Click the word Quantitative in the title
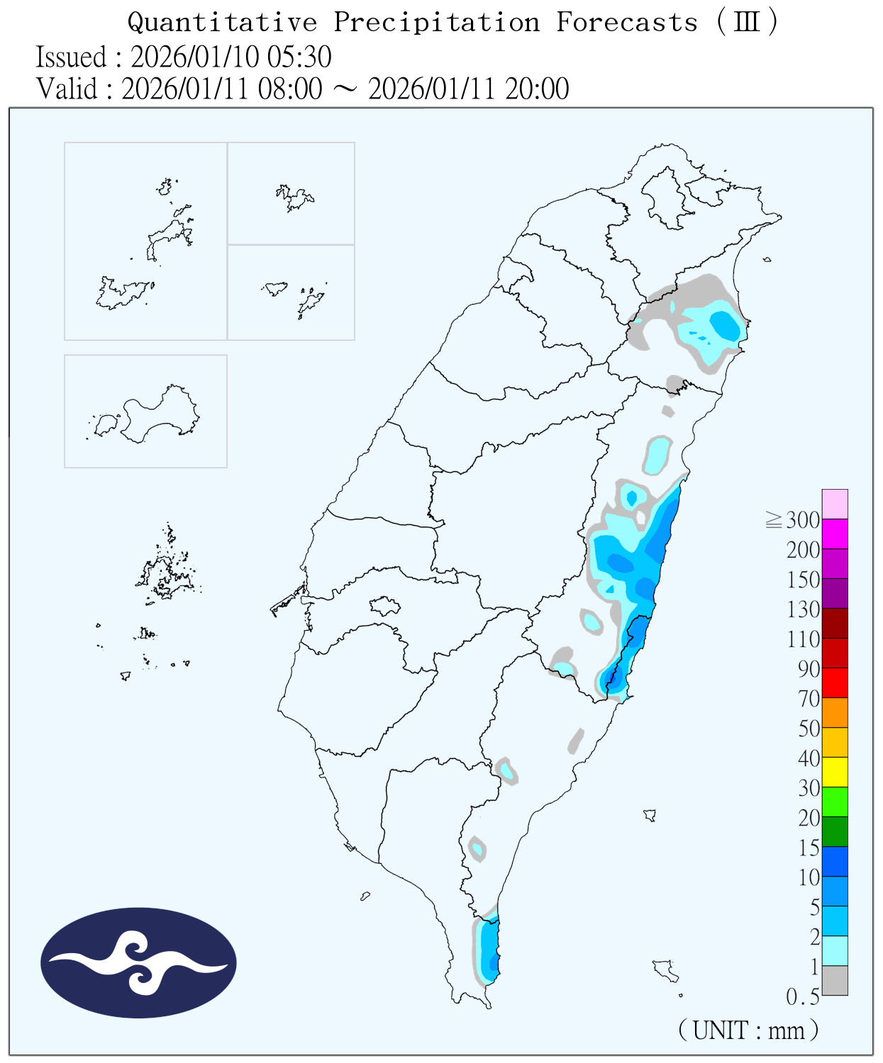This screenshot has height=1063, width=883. [x=222, y=23]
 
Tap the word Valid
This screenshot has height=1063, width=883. [x=67, y=89]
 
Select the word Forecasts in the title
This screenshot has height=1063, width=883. [x=627, y=23]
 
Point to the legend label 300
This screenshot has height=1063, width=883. [x=803, y=520]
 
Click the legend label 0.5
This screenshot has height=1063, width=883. [x=803, y=997]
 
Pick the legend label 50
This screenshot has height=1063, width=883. [x=809, y=729]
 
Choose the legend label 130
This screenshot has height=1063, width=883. [x=803, y=609]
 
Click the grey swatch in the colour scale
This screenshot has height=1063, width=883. [x=835, y=981]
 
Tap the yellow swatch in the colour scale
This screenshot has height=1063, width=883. [x=835, y=772]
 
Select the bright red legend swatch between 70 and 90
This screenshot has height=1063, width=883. [x=835, y=683]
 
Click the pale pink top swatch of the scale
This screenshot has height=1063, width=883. [x=835, y=504]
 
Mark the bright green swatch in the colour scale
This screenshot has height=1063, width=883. [x=835, y=802]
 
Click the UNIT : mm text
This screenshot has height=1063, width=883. [x=749, y=1030]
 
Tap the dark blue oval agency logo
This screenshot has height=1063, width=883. [x=138, y=962]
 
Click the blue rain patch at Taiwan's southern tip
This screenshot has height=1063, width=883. [x=489, y=950]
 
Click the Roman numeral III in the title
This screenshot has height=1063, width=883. [x=747, y=23]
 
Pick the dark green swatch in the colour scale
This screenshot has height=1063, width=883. [x=835, y=832]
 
